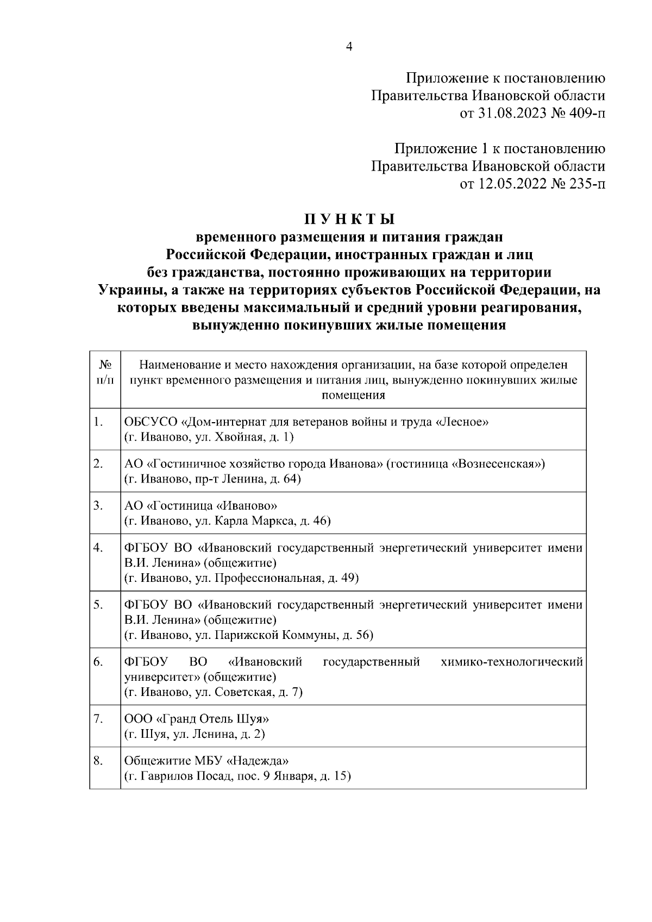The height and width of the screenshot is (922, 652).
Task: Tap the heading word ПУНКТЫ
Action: [349, 219]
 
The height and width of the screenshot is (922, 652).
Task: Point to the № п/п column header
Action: [105, 372]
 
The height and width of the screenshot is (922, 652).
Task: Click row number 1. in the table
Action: [98, 422]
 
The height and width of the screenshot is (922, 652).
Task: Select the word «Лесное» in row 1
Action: [462, 422]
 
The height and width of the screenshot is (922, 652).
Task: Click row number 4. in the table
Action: [98, 548]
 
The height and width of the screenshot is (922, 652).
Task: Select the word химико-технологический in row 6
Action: [512, 662]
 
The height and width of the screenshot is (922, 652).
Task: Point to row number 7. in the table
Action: [98, 719]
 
